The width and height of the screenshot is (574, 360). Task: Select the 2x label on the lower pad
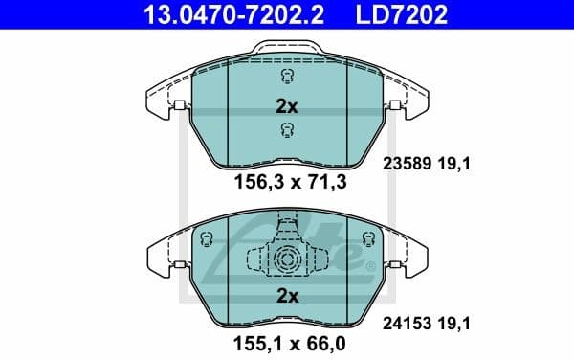coord(287,297)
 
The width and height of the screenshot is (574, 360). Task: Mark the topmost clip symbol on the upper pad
coord(285,79)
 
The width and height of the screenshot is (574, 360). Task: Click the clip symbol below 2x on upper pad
coord(285,130)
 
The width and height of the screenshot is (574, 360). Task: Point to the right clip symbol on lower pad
coord(366,240)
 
